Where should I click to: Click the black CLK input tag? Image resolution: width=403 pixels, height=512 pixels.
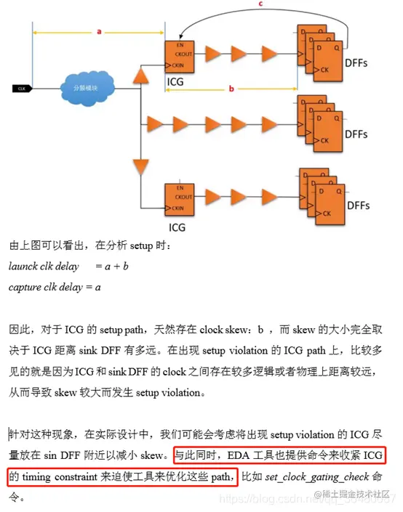coord(23,89)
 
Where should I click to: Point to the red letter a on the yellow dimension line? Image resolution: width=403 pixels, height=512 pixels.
coord(99,31)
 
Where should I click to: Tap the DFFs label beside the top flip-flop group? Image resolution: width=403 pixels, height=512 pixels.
coord(359,62)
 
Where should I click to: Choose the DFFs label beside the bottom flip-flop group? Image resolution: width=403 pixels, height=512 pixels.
coord(358,208)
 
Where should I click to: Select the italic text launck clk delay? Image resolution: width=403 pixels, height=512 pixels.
coord(44,267)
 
